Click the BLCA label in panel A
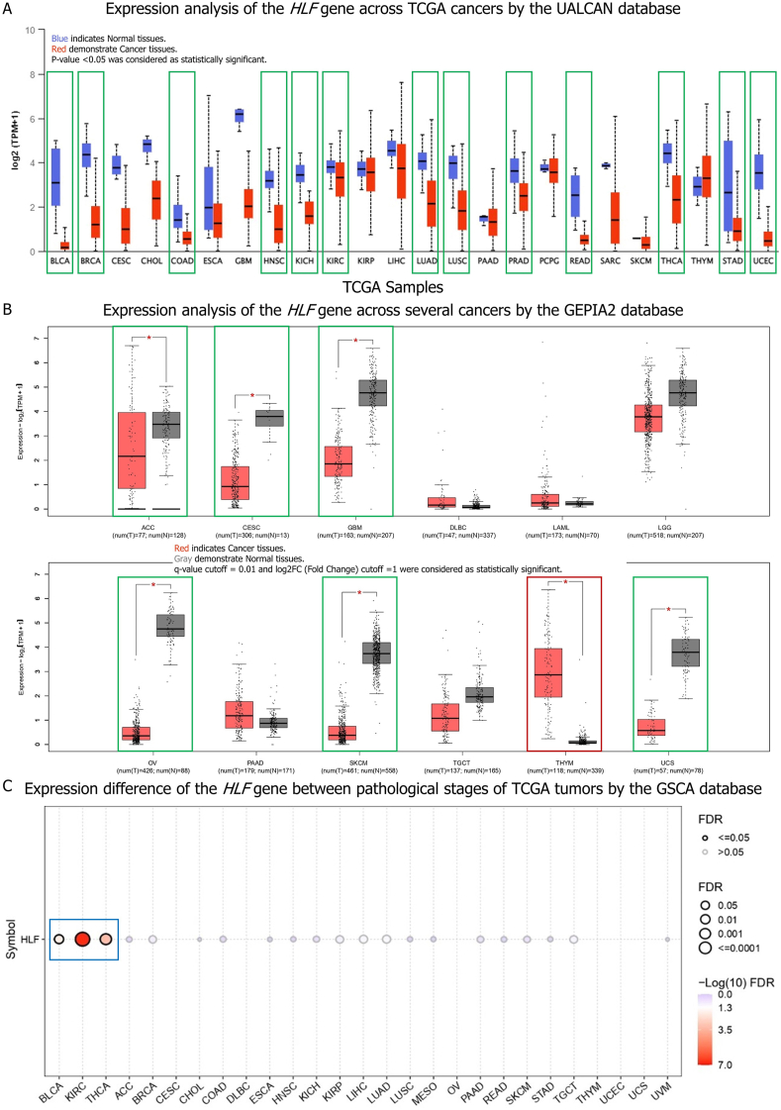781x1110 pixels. click(x=59, y=261)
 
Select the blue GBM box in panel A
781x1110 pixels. click(x=238, y=115)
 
